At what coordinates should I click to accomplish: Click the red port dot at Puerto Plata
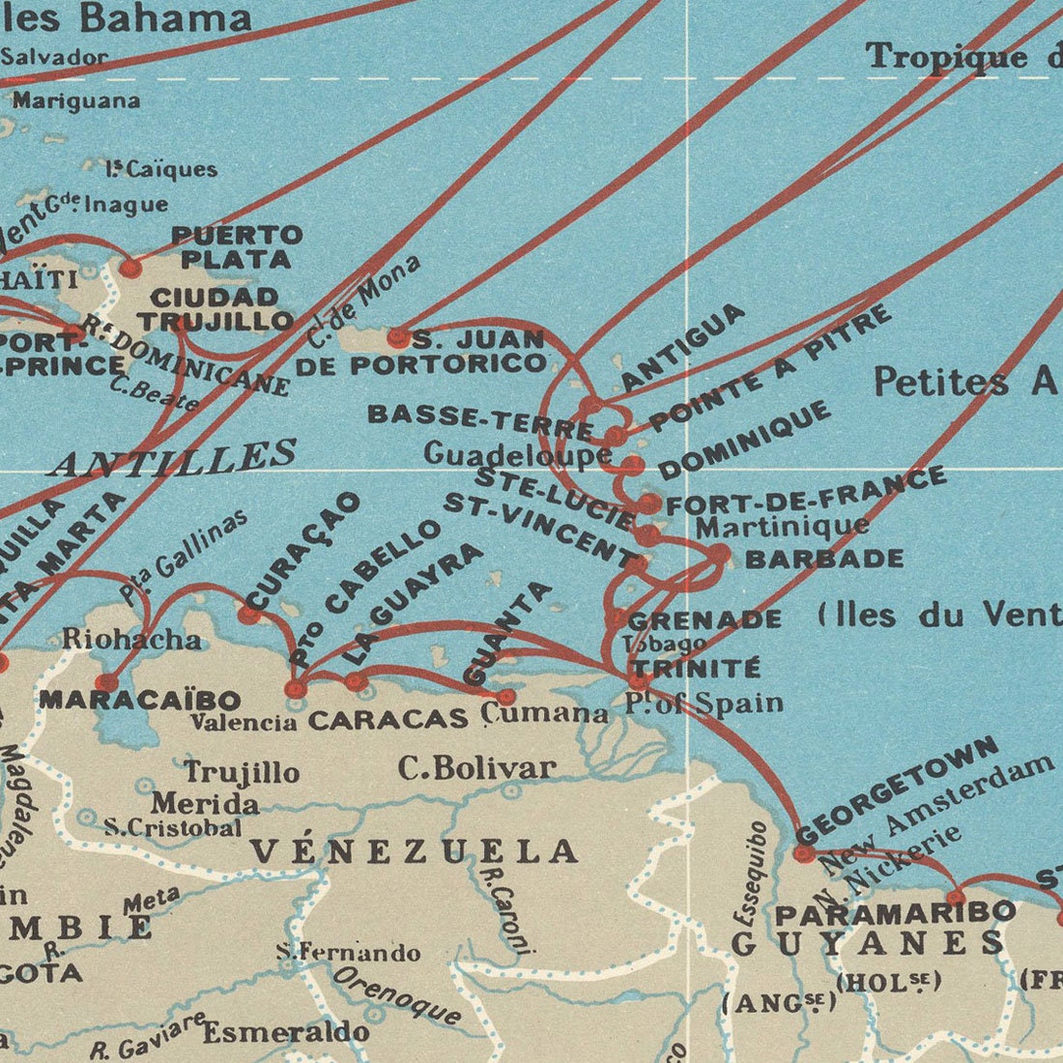(129, 268)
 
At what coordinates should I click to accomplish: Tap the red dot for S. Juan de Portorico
(398, 338)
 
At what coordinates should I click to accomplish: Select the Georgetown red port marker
(804, 853)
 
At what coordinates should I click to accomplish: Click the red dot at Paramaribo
(955, 898)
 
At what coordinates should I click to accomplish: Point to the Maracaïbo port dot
(106, 682)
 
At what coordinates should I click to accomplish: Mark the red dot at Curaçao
(249, 614)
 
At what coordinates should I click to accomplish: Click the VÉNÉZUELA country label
(414, 851)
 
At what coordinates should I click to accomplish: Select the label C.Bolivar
(477, 768)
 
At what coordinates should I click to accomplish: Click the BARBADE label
(824, 559)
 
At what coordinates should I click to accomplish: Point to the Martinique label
(782, 527)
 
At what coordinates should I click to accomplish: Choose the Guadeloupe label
(517, 453)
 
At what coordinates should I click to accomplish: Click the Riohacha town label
(131, 639)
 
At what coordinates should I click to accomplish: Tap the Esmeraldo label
(285, 1032)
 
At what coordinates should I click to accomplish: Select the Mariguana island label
(76, 101)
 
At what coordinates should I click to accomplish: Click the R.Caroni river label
(506, 908)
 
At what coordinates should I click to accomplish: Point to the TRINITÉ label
(695, 669)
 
